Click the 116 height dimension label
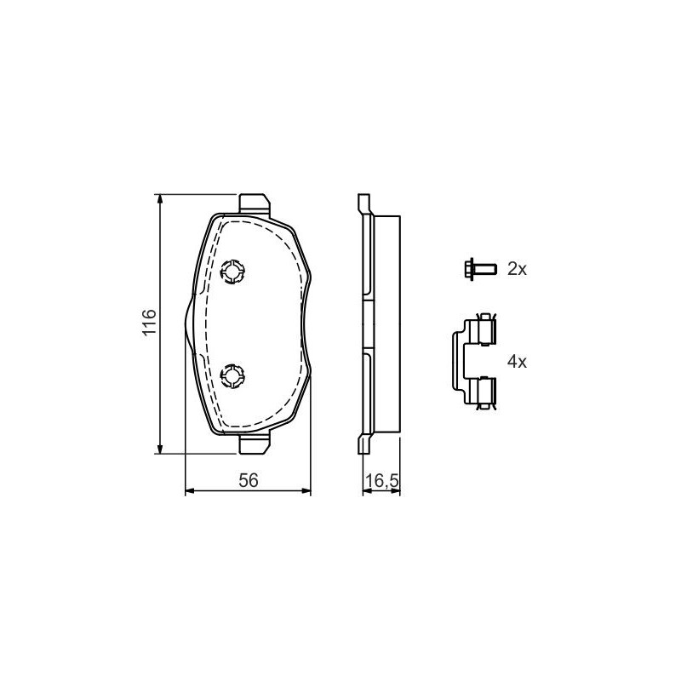[x=149, y=322]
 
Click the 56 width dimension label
[x=249, y=480]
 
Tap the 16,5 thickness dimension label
[x=381, y=481]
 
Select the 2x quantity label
[x=517, y=269]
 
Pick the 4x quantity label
[x=517, y=361]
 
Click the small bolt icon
[x=479, y=269]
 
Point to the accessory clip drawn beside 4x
[x=474, y=361]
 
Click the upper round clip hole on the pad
[x=232, y=272]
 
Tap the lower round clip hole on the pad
[x=232, y=375]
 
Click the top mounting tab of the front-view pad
[x=254, y=203]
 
